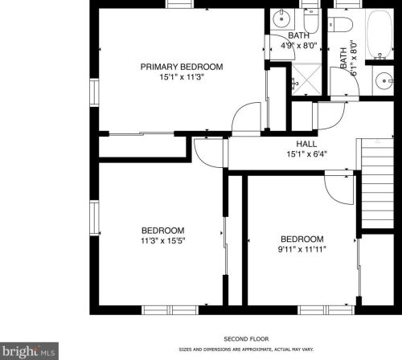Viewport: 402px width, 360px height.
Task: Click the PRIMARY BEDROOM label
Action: click(x=182, y=67)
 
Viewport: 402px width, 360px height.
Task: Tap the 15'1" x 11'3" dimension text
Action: click(x=182, y=77)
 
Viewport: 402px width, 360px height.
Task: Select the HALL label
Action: click(x=306, y=144)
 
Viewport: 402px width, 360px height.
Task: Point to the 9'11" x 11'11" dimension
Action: click(x=302, y=249)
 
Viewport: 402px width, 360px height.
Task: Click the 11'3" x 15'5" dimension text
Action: click(x=163, y=241)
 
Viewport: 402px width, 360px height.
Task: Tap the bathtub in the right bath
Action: click(x=379, y=35)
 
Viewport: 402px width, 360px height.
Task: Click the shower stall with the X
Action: click(x=306, y=80)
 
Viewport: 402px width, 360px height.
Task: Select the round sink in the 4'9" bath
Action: click(x=281, y=18)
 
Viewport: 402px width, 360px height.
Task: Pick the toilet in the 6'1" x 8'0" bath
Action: click(x=339, y=24)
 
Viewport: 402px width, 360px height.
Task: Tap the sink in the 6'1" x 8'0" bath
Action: click(x=384, y=80)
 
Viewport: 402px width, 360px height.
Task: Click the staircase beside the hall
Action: click(x=377, y=183)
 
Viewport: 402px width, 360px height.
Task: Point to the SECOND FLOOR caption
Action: click(x=246, y=339)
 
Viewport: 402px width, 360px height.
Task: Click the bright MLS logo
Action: click(x=29, y=351)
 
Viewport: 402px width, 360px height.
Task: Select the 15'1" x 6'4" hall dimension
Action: click(x=307, y=154)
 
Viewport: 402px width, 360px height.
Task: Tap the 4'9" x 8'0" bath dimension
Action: click(x=298, y=46)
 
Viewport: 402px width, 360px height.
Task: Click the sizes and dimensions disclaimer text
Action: click(x=246, y=350)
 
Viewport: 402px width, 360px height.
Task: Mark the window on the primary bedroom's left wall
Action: click(x=94, y=92)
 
